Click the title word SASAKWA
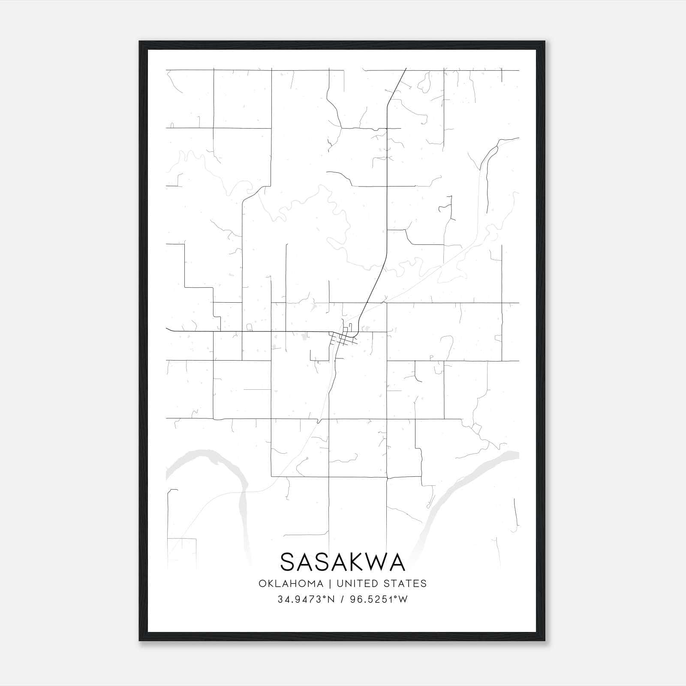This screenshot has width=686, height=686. pyautogui.click(x=343, y=562)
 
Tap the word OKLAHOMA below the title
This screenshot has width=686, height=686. pyautogui.click(x=291, y=584)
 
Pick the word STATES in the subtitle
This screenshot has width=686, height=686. pyautogui.click(x=408, y=584)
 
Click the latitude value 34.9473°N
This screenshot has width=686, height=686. pyautogui.click(x=306, y=599)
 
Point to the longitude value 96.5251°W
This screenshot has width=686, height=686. pyautogui.click(x=379, y=599)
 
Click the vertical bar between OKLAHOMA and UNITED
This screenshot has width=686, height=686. pyautogui.click(x=330, y=584)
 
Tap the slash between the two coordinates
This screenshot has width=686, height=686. pyautogui.click(x=342, y=599)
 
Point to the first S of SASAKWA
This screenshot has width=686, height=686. pyautogui.click(x=288, y=562)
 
